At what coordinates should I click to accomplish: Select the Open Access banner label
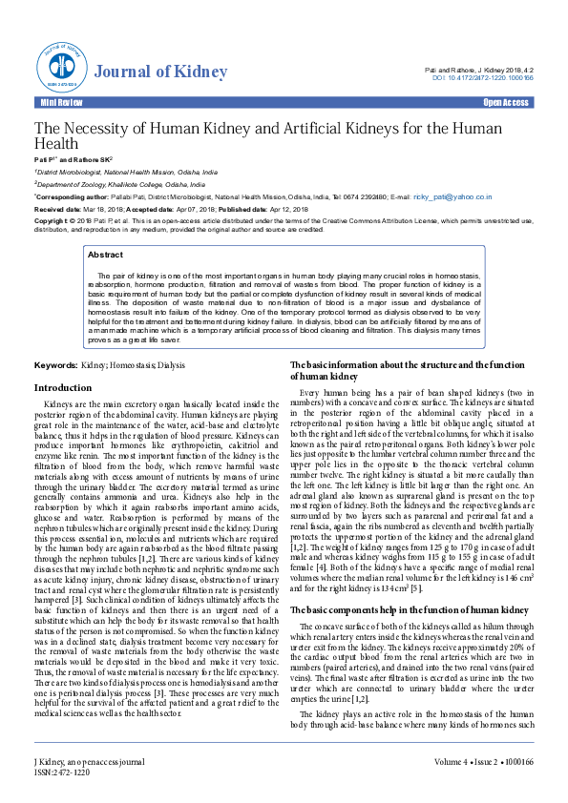tap(506, 102)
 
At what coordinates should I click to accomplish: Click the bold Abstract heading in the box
tap(105, 256)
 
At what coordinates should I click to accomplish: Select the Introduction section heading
tap(63, 388)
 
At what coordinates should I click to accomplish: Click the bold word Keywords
tap(55, 365)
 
